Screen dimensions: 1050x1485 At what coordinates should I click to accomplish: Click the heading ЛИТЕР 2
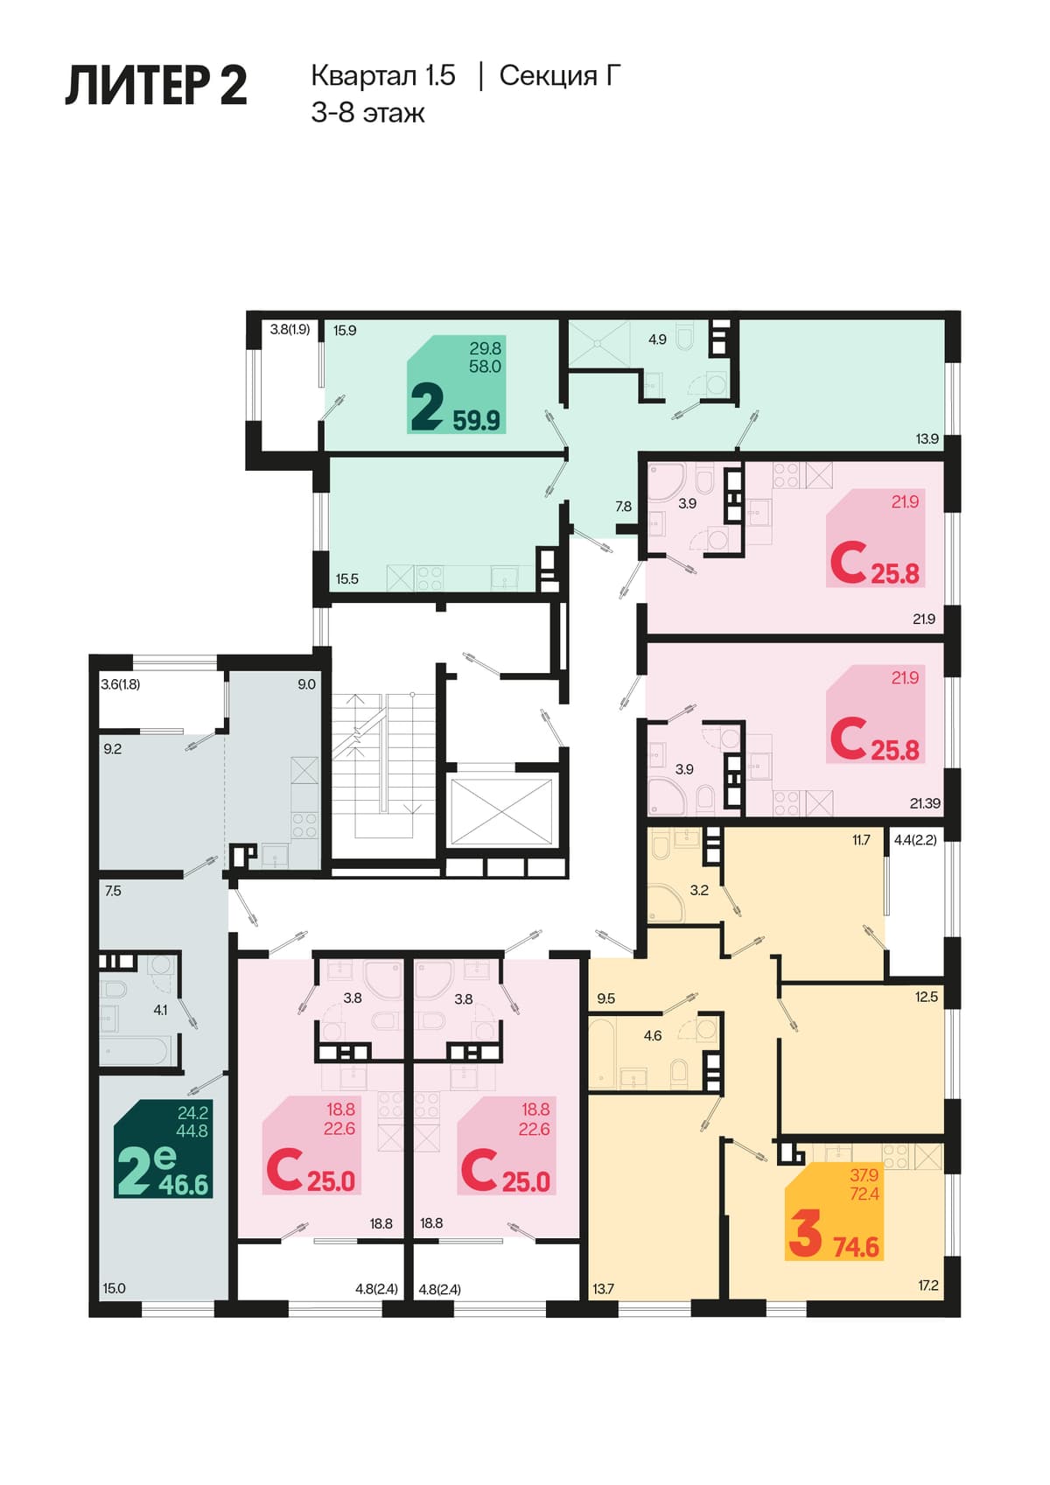click(157, 86)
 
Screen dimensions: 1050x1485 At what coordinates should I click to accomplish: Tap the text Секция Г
click(560, 75)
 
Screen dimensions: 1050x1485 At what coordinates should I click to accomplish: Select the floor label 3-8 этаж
click(367, 113)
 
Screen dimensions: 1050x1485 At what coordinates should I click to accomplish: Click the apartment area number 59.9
click(476, 420)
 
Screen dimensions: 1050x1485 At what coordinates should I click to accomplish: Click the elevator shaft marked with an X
click(500, 811)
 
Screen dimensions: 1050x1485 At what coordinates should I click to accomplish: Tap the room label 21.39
click(925, 803)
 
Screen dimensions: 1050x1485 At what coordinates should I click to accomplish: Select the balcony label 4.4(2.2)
click(915, 840)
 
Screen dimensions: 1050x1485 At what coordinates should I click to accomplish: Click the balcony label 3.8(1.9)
click(290, 329)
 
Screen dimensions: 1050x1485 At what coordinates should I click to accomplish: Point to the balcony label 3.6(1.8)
click(120, 684)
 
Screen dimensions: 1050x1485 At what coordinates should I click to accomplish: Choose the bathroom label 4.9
click(657, 340)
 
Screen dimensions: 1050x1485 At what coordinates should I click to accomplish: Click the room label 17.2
click(928, 1285)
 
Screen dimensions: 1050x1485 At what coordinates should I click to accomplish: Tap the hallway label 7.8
click(623, 507)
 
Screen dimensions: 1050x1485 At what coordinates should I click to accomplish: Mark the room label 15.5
click(346, 578)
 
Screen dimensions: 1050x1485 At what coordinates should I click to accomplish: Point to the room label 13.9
click(927, 438)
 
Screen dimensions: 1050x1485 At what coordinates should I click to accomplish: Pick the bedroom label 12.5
click(926, 997)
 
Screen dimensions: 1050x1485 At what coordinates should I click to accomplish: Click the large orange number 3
click(805, 1233)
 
